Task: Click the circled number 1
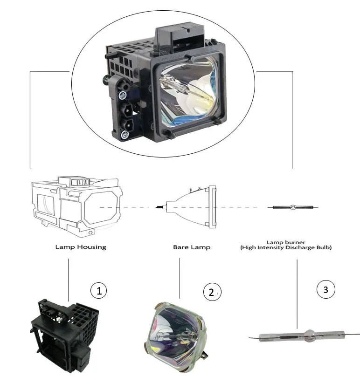point(98,291)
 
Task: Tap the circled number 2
point(211,292)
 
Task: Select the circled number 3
point(325,289)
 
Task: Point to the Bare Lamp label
point(191,247)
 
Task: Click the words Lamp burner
point(285,242)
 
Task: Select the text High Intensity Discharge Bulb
point(285,248)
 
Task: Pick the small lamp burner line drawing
point(292,206)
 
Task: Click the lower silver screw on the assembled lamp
point(125,135)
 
